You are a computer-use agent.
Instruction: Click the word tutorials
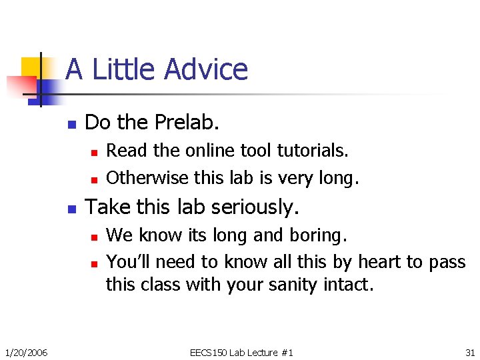pyautogui.click(x=314, y=151)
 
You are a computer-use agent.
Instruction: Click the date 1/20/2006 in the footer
pyautogui.click(x=25, y=352)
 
